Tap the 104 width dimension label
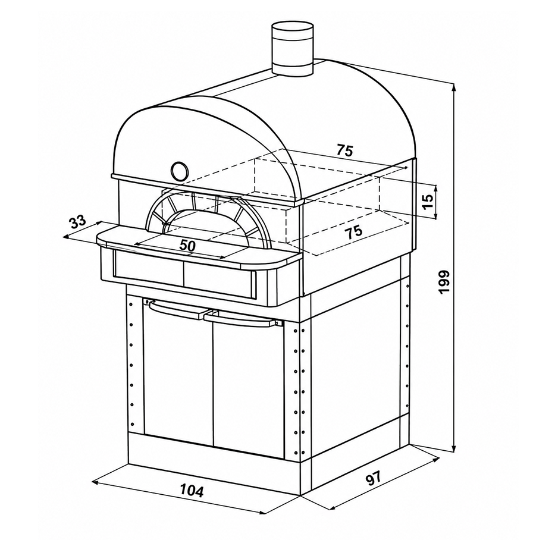pos(192,490)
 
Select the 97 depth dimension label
pos(374,479)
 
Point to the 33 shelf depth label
pos(77,222)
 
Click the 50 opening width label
pos(188,245)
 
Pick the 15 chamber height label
pos(427,202)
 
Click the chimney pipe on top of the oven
pos(293,49)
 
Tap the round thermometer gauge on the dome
pos(179,170)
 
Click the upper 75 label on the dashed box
pos(345,150)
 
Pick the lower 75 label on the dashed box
pos(354,232)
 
